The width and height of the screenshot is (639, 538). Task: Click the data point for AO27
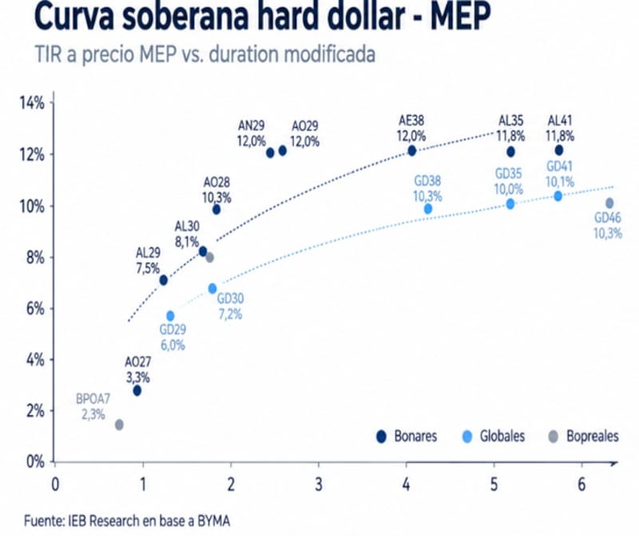(137, 390)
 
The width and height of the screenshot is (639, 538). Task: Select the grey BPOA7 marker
(119, 425)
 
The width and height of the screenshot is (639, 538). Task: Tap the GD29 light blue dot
(170, 316)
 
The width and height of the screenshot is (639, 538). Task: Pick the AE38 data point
(412, 151)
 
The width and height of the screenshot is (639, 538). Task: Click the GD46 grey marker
(609, 203)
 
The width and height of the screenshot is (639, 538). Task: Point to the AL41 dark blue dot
(559, 150)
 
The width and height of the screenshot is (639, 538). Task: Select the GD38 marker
(428, 209)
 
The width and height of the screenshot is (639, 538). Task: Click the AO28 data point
(216, 210)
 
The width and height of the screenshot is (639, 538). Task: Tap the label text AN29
(252, 126)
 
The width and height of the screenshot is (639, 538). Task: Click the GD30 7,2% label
(230, 307)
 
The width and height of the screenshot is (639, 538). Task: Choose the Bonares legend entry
(407, 437)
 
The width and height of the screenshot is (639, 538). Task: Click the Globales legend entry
(494, 437)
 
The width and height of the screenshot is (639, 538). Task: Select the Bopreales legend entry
(584, 437)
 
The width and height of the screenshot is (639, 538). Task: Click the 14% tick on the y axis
(32, 104)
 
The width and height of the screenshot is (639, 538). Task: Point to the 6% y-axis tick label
(35, 309)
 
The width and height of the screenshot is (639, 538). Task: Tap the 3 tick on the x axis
(319, 485)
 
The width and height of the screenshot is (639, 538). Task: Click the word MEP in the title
(460, 17)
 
